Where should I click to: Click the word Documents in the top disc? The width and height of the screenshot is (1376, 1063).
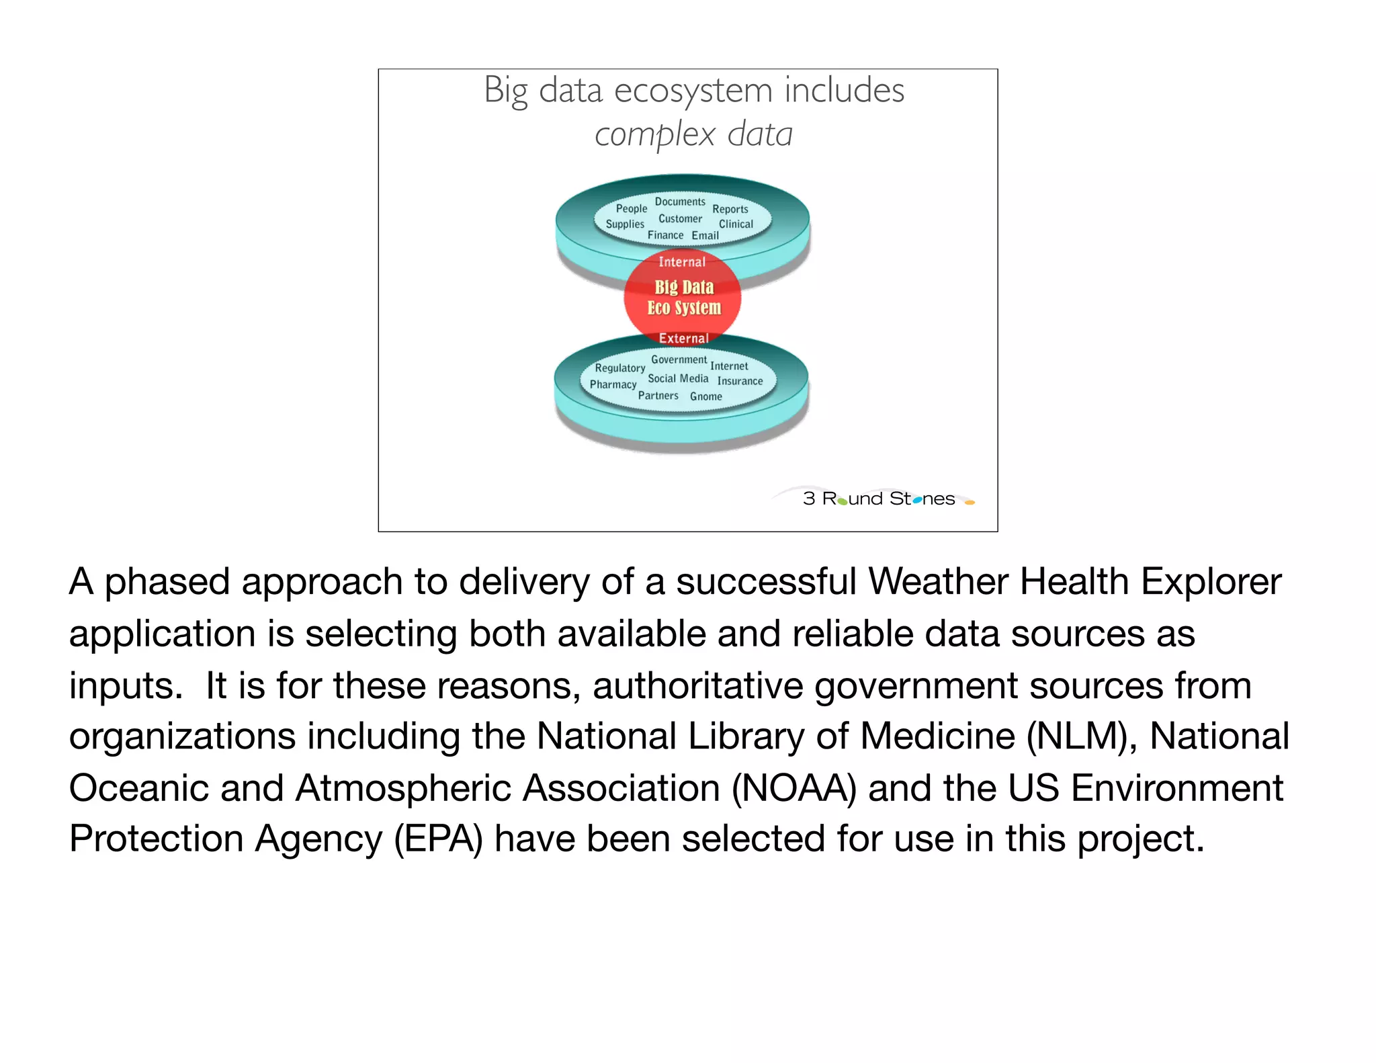(680, 202)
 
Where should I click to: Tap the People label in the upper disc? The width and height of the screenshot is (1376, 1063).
(632, 209)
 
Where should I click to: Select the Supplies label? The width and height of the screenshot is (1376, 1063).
(625, 224)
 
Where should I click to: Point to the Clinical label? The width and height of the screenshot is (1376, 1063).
(736, 224)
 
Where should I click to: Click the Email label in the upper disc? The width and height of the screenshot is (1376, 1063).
(705, 236)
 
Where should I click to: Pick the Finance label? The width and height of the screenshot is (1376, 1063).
(665, 235)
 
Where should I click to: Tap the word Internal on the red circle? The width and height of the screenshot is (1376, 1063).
(682, 262)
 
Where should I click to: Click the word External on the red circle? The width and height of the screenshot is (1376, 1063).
(683, 339)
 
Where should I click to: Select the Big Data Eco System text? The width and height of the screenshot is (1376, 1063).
(684, 298)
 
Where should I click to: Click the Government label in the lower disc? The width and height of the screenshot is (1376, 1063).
(679, 360)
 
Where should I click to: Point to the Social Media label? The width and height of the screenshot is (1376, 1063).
(678, 379)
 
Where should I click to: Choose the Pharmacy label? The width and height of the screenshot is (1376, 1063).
(613, 384)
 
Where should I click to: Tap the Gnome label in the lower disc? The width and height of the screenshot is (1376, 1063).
(705, 397)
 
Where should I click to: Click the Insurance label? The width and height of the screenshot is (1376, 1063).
(740, 382)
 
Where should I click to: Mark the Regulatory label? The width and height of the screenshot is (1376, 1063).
(619, 368)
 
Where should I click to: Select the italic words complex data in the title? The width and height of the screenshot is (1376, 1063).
(693, 134)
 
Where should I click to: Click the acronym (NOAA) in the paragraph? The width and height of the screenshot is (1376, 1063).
(793, 788)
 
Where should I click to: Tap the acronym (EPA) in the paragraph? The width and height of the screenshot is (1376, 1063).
(438, 839)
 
